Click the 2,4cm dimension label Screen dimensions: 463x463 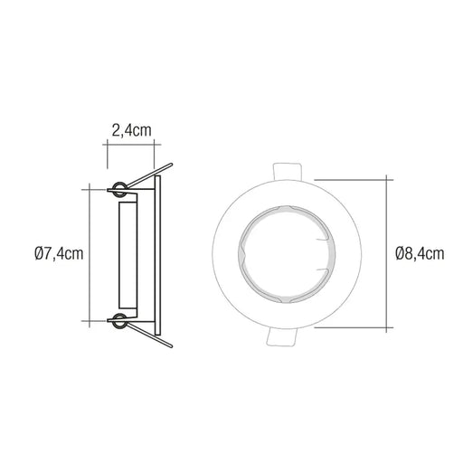coord(131,131)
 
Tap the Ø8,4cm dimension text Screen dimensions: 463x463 coord(420,254)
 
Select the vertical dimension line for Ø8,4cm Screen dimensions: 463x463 coord(390,253)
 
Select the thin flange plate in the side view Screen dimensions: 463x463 coord(159,254)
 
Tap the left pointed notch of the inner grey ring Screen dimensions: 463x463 coord(239,254)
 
